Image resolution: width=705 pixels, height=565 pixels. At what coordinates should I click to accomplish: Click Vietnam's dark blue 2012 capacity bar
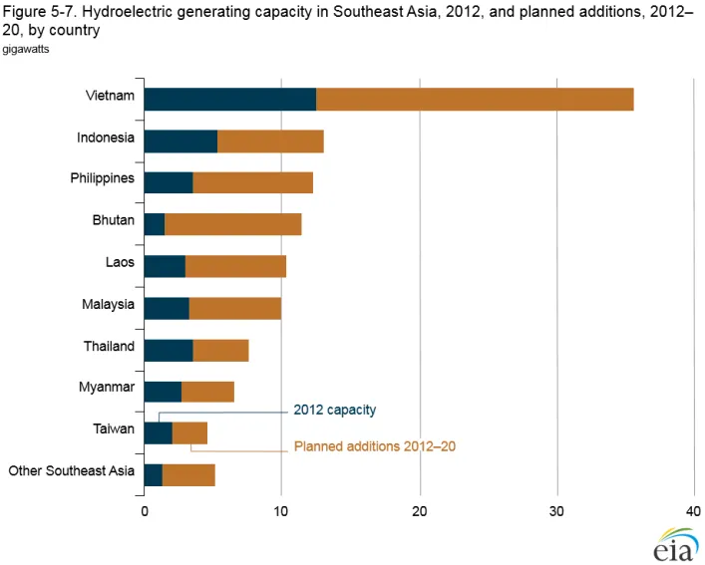[229, 99]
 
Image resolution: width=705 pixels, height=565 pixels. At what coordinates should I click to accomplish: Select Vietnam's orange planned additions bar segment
[475, 99]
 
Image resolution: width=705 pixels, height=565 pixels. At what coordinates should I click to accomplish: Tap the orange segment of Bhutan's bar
[232, 224]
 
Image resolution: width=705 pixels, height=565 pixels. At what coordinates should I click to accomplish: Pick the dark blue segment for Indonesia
[180, 141]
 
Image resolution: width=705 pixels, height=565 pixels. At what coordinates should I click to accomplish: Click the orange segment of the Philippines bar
[252, 182]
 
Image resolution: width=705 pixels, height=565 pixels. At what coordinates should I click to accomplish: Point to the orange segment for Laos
[235, 266]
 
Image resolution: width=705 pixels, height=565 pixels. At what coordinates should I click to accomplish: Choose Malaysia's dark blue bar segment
[167, 308]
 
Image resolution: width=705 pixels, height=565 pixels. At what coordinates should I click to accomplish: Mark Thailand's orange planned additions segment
[220, 350]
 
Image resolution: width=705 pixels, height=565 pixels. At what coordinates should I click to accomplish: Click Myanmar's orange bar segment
[207, 392]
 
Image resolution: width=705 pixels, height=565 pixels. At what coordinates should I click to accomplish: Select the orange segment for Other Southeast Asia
[188, 475]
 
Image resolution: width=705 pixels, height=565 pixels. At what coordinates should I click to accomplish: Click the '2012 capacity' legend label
[334, 410]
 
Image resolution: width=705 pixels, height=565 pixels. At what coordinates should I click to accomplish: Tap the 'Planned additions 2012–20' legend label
[374, 446]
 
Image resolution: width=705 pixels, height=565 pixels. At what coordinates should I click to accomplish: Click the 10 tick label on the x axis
[281, 511]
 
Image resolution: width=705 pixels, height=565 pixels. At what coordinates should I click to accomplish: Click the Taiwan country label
[113, 429]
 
